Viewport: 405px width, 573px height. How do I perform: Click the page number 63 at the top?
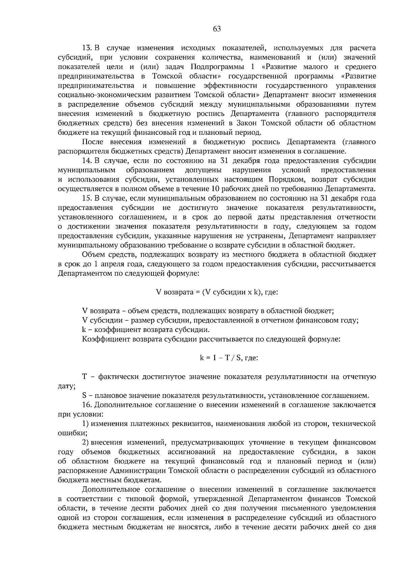(x=217, y=29)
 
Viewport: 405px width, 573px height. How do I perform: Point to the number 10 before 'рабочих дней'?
(x=216, y=188)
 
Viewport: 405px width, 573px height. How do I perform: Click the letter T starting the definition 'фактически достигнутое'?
(x=84, y=377)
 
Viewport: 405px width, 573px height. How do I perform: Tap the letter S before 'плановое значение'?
(x=84, y=395)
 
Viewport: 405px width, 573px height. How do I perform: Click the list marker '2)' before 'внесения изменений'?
(x=86, y=442)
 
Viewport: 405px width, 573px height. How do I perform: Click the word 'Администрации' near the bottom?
(x=140, y=470)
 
